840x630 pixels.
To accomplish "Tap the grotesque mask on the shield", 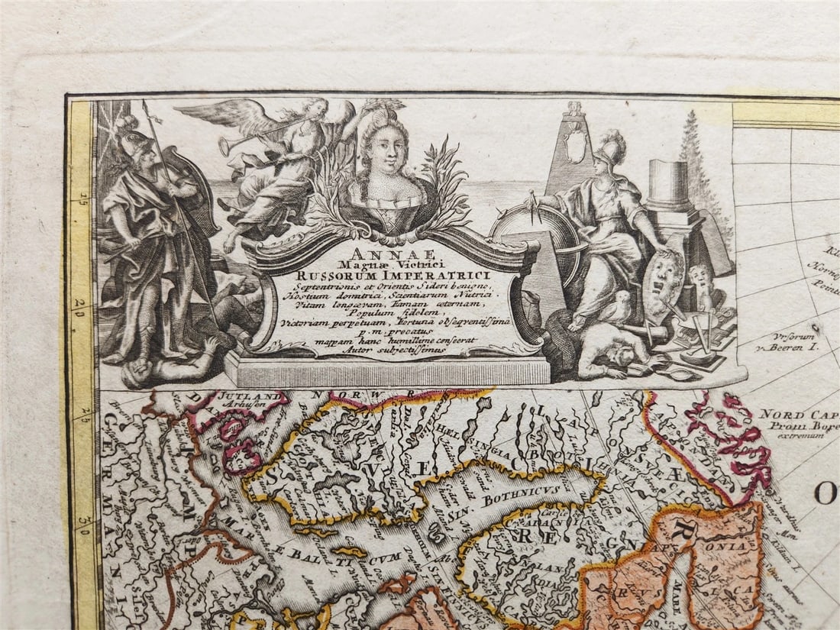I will [x=662, y=281].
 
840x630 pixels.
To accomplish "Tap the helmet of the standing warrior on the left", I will [x=129, y=130].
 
